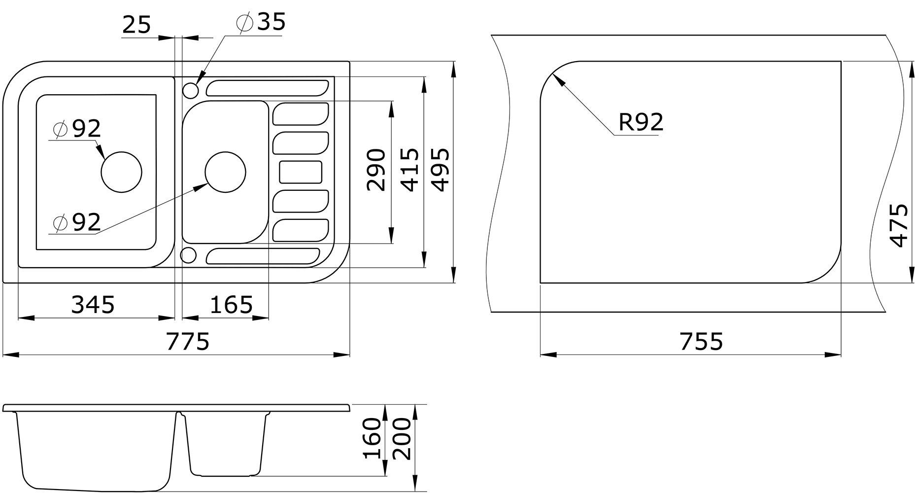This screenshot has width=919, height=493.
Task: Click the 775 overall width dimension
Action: pyautogui.click(x=188, y=341)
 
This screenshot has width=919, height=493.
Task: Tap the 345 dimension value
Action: pyautogui.click(x=93, y=305)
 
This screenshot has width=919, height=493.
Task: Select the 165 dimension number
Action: pyautogui.click(x=232, y=305)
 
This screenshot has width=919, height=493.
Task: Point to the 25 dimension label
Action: pyautogui.click(x=136, y=24)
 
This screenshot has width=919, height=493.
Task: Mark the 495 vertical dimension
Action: pyautogui.click(x=440, y=170)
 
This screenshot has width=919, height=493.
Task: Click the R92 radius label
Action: pyautogui.click(x=641, y=122)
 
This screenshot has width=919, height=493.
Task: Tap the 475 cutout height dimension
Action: pyautogui.click(x=899, y=225)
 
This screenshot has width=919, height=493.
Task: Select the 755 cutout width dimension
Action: pyautogui.click(x=702, y=341)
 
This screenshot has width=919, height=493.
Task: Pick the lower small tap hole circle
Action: pyautogui.click(x=189, y=255)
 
